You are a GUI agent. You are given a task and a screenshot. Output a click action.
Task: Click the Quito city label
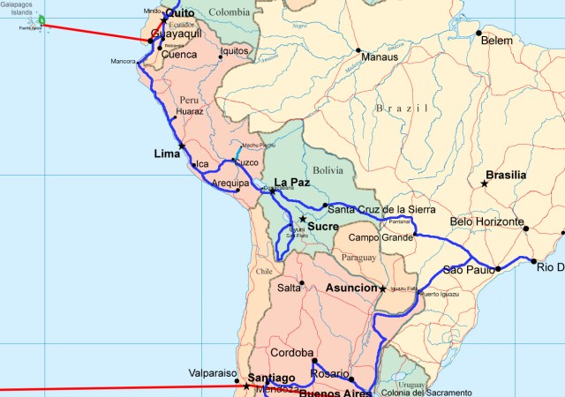click(180, 12)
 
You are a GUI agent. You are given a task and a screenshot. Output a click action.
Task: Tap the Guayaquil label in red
click(177, 34)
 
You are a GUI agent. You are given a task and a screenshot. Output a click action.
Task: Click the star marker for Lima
click(182, 146)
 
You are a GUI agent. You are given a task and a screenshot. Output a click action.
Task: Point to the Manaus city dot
click(358, 49)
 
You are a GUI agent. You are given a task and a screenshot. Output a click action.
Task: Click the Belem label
click(496, 41)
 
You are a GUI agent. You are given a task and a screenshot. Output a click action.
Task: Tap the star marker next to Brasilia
click(484, 184)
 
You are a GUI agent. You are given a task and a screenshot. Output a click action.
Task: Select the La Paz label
click(294, 183)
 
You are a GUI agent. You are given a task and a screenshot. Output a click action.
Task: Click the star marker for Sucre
click(302, 219)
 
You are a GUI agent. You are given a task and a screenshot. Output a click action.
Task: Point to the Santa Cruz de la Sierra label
click(380, 209)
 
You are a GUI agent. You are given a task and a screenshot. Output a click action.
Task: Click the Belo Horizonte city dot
click(526, 228)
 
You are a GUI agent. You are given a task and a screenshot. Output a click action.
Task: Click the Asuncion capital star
click(382, 289)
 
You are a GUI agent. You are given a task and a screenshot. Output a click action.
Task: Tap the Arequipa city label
click(231, 184)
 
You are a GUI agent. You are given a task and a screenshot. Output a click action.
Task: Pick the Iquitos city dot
click(221, 51)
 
